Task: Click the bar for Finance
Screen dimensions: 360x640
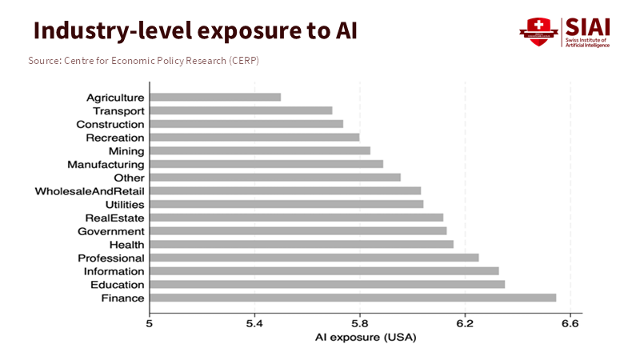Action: [x=352, y=298]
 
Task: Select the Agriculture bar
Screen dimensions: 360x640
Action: [x=215, y=97]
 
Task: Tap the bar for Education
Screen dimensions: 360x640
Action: [x=326, y=285]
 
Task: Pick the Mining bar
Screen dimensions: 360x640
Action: [x=259, y=150]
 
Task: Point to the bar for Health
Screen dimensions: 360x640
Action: [x=301, y=244]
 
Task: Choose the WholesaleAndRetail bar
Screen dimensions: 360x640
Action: [x=285, y=190]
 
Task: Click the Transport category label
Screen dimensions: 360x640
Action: [x=118, y=110]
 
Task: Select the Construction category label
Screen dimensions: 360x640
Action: [x=110, y=124]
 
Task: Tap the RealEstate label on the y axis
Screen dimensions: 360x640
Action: [x=114, y=218]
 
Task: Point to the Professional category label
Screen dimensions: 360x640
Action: [x=111, y=258]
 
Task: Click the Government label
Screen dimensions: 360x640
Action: [x=111, y=231]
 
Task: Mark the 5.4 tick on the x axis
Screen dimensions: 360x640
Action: [x=254, y=324]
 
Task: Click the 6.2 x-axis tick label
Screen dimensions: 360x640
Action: [x=464, y=324]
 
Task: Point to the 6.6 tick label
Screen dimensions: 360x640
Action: [x=570, y=324]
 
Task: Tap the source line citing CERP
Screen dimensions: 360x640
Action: [x=143, y=61]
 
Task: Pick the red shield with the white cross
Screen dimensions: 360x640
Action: [x=538, y=30]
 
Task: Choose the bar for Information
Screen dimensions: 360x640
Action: [x=323, y=271]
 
